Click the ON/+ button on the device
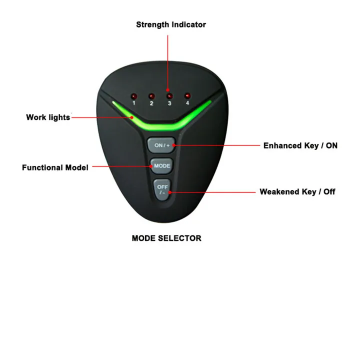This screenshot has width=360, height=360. pos(161,145)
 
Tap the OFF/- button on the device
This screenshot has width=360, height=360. pos(162,189)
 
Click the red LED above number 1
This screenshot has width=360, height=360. pos(133,95)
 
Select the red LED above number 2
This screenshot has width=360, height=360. pos(151,95)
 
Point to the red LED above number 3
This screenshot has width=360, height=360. pos(169,95)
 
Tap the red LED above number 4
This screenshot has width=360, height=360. pos(187,95)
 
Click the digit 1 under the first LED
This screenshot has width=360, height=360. pos(133,103)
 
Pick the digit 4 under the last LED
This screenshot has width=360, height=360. pos(188,103)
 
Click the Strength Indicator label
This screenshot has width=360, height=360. pos(170,24)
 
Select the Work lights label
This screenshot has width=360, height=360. pos(48,117)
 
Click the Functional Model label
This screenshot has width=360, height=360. pos(55,167)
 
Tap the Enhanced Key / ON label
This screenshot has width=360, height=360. pos(300,145)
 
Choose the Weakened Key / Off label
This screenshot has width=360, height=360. pos(297,191)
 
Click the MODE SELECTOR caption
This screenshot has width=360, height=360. pos(166,238)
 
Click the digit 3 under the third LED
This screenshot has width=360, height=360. pos(169,103)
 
